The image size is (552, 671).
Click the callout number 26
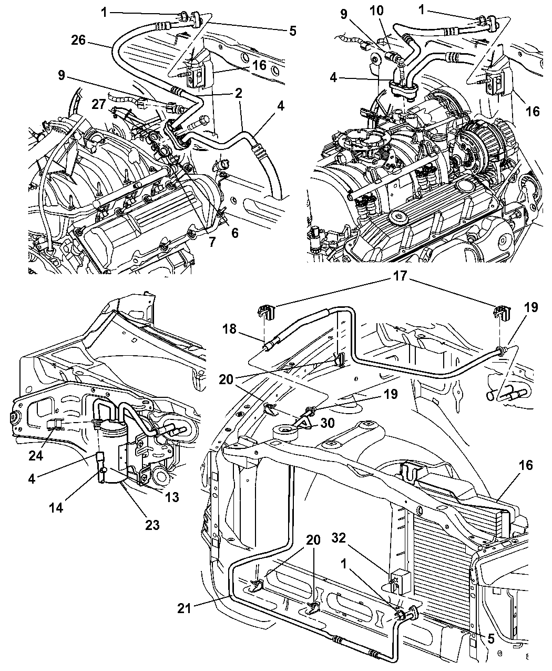click(x=78, y=39)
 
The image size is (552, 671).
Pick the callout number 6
click(x=234, y=232)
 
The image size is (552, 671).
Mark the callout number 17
click(x=400, y=275)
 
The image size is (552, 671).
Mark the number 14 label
click(x=57, y=508)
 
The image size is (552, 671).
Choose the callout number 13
click(x=172, y=497)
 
